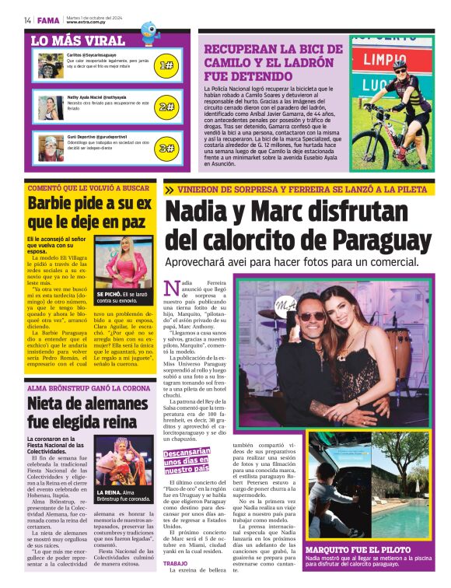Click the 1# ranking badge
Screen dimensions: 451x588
166,65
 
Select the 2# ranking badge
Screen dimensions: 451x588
166,107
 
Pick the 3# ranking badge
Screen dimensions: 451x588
166,147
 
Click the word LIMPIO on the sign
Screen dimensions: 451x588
385,59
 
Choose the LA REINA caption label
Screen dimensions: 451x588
109,492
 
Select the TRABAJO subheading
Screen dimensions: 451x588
176,564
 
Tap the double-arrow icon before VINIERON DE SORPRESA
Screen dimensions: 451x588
170,189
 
